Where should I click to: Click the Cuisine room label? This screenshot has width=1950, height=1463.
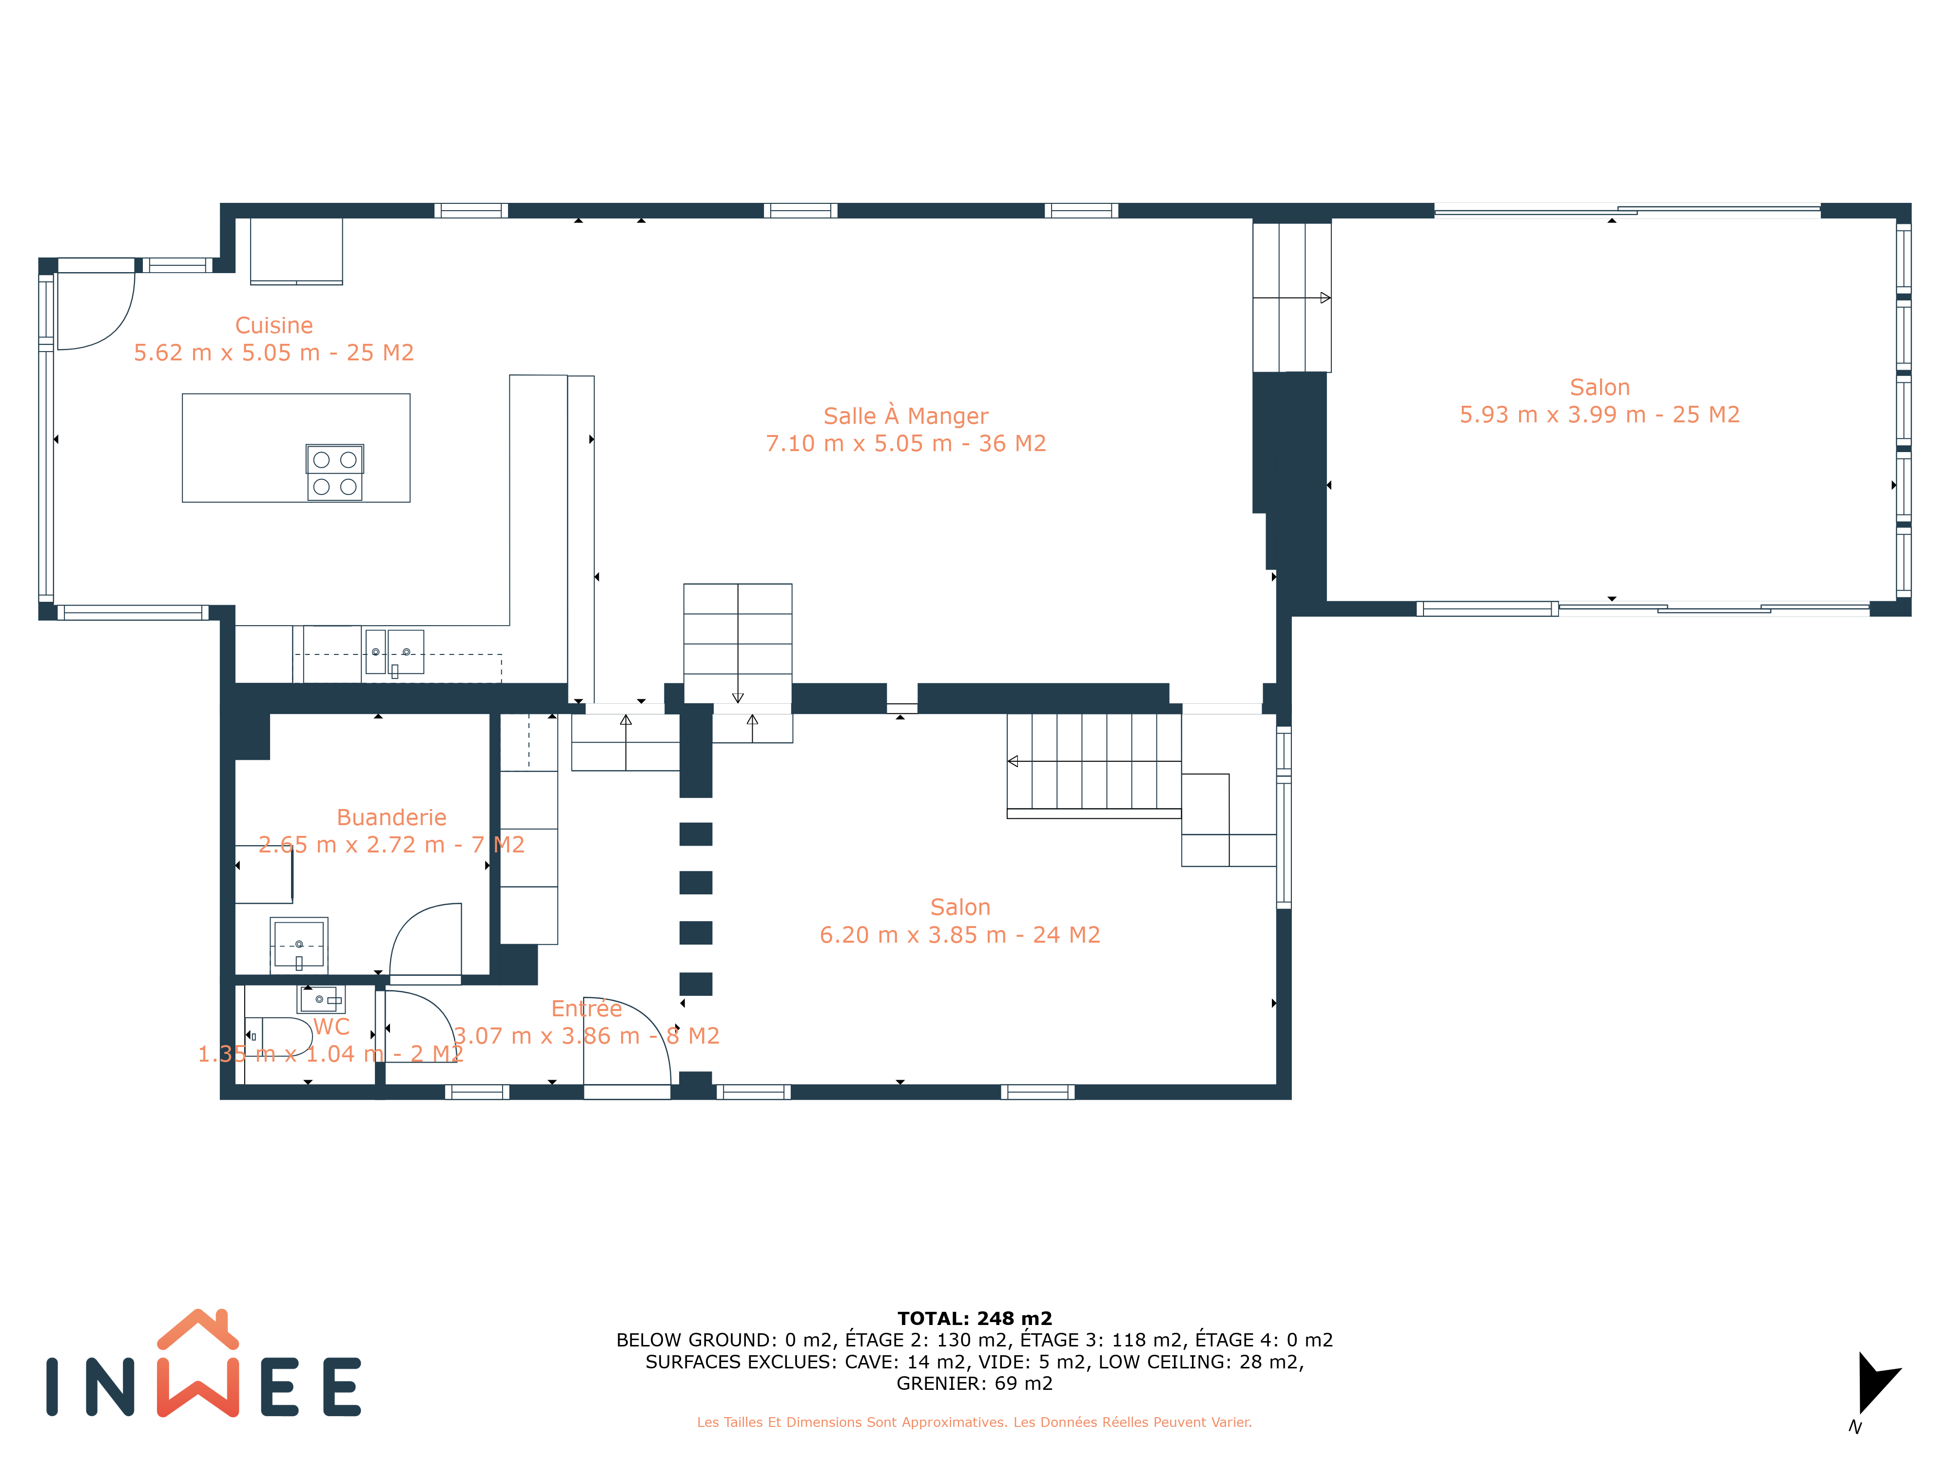pos(274,325)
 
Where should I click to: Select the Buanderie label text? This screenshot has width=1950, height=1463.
pos(391,817)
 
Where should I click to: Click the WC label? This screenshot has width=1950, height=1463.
pos(331,1027)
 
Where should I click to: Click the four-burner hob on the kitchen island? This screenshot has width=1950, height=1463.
pos(335,473)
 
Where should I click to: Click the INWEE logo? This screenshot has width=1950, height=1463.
pos(204,1364)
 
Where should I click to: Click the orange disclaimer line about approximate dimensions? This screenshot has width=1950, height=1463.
pos(974,1422)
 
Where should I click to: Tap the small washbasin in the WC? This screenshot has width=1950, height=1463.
pos(321,999)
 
